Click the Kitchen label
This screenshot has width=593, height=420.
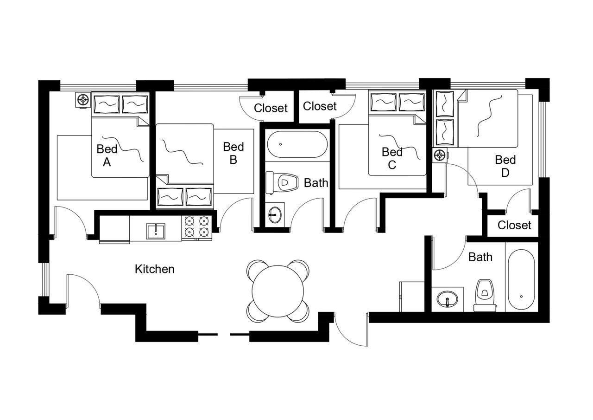coord(155,269)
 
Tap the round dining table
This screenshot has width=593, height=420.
coord(278,291)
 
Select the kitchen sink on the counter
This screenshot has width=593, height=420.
coord(156,231)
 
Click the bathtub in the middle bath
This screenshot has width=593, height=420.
coord(297,144)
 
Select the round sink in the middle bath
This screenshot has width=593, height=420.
coord(275,215)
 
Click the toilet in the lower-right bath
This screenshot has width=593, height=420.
coord(484,294)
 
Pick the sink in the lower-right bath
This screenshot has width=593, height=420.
coord(448,298)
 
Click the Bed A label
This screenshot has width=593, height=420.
coord(107,155)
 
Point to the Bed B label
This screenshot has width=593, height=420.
coord(233,153)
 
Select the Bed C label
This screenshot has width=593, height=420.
coord(392,158)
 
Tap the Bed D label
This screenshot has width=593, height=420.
coord(505,166)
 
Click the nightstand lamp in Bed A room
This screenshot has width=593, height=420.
coord(83,100)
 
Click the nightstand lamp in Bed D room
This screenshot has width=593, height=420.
coord(439,155)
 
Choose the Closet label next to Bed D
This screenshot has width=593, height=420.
coord(514,226)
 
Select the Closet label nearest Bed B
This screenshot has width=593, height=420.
coord(271,108)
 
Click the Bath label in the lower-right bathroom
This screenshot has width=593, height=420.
coord(480,257)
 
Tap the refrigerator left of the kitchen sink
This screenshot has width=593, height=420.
coord(114,229)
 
